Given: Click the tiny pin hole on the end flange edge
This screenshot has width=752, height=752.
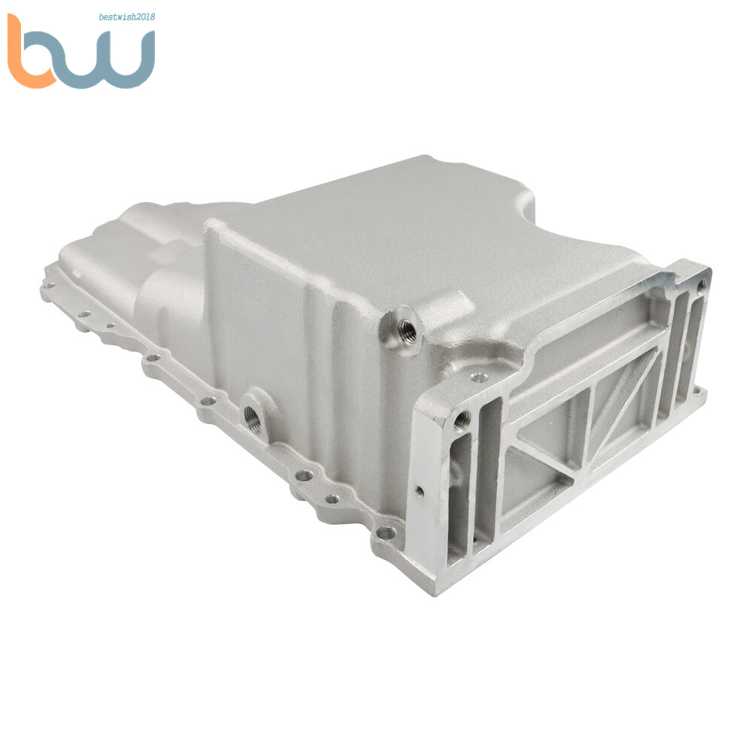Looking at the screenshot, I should pos(419,491).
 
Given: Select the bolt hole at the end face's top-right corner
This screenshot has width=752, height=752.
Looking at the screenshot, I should pos(701,285).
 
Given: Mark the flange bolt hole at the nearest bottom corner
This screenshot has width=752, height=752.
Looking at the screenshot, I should pos(386,533).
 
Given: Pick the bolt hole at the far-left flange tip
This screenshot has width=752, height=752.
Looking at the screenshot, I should pos(48,285).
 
